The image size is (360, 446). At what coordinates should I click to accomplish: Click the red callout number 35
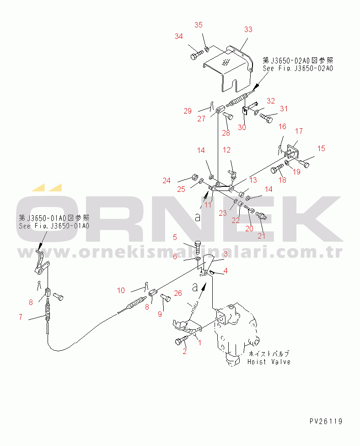199,25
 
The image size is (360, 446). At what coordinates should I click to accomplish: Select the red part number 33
248,29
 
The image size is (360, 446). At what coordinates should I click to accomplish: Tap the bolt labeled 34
197,55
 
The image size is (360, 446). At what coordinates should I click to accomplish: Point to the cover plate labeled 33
228,69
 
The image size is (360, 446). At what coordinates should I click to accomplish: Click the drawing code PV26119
326,421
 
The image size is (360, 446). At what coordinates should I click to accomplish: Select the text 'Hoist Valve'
269,362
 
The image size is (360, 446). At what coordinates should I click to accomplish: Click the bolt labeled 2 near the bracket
182,340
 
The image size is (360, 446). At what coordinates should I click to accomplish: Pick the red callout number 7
21,317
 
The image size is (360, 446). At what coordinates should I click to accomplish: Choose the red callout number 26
178,293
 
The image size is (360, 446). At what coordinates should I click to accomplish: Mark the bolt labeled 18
277,169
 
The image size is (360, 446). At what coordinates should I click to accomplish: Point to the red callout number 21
261,236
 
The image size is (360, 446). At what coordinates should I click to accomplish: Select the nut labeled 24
195,177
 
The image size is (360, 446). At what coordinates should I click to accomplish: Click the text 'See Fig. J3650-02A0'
298,68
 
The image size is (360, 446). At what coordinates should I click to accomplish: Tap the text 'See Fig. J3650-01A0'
54,226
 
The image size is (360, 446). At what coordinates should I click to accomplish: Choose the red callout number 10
121,290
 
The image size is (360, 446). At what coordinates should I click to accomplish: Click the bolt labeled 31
266,118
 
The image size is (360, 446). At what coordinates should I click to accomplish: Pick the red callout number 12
226,150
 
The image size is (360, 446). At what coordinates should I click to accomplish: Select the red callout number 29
188,111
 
